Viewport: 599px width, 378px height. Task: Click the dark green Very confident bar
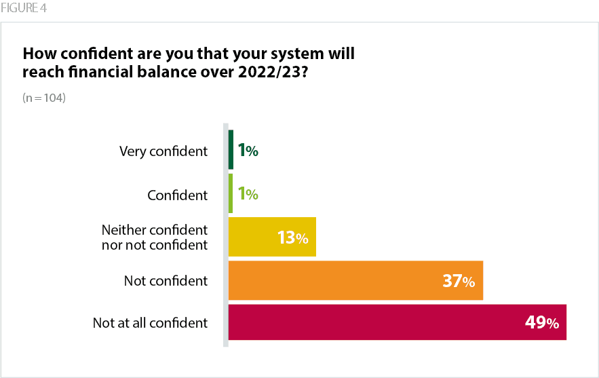tap(231, 150)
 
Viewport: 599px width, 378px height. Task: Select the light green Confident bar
tap(231, 194)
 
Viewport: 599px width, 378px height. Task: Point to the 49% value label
tap(541, 323)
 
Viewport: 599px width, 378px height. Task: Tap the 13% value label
tap(292, 238)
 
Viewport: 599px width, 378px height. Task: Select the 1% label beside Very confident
tap(248, 151)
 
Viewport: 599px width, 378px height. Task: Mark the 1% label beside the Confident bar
tap(248, 194)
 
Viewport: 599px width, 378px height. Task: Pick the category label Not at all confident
tap(150, 323)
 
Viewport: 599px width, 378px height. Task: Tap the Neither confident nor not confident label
tap(154, 237)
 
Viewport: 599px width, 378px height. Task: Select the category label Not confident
tap(166, 280)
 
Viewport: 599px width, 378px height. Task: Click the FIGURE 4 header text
tap(24, 9)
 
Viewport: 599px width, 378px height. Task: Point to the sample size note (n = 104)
tap(44, 98)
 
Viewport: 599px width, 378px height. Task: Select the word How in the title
tap(37, 53)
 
